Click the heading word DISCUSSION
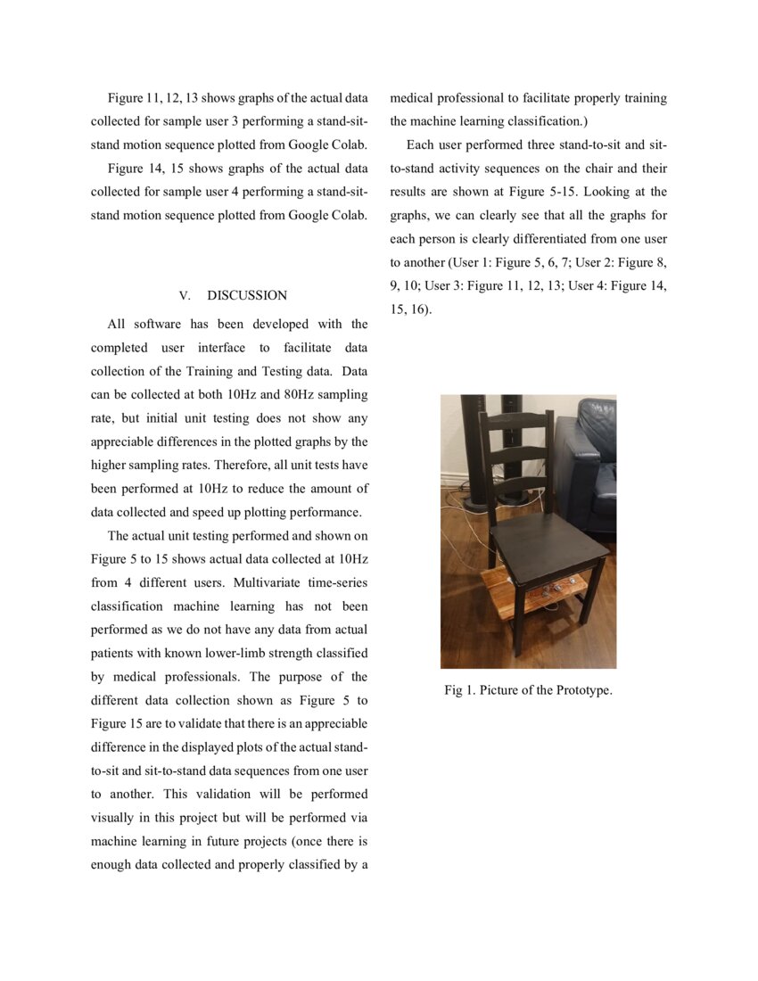247,295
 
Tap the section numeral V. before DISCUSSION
185,295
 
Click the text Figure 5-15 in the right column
542,192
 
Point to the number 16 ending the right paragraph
416,309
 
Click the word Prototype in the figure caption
581,690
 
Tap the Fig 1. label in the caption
458,690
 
